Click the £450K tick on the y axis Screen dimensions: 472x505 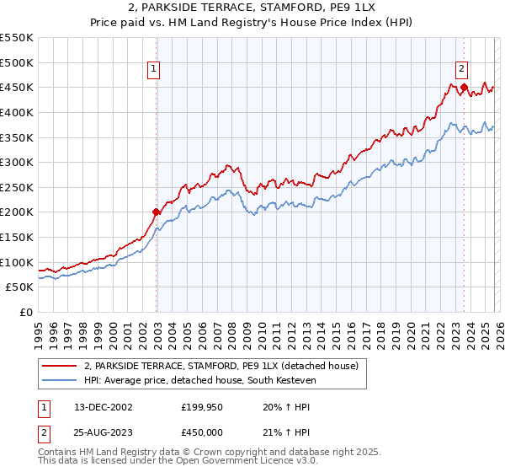pyautogui.click(x=17, y=87)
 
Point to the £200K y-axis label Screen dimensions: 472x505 pyautogui.click(x=17, y=212)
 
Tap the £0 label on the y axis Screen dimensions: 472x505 pyautogui.click(x=26, y=312)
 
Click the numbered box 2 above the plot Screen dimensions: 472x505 pyautogui.click(x=463, y=71)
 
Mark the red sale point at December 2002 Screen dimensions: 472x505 pyautogui.click(x=156, y=212)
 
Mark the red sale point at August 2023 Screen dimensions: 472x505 pyautogui.click(x=464, y=86)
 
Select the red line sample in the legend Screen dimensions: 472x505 pyautogui.click(x=59, y=366)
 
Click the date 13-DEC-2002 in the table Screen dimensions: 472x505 pyautogui.click(x=103, y=406)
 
